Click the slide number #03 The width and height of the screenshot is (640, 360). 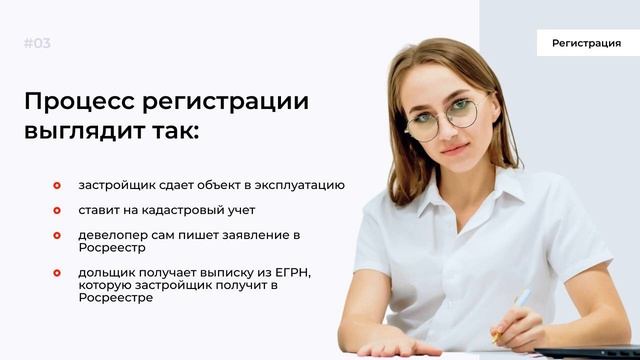click(x=37, y=43)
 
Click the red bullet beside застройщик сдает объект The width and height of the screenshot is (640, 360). click(x=57, y=185)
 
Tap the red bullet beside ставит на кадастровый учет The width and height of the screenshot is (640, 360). click(x=57, y=210)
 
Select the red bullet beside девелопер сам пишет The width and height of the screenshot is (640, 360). click(x=57, y=235)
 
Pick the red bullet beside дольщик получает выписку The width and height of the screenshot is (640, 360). click(x=57, y=272)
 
